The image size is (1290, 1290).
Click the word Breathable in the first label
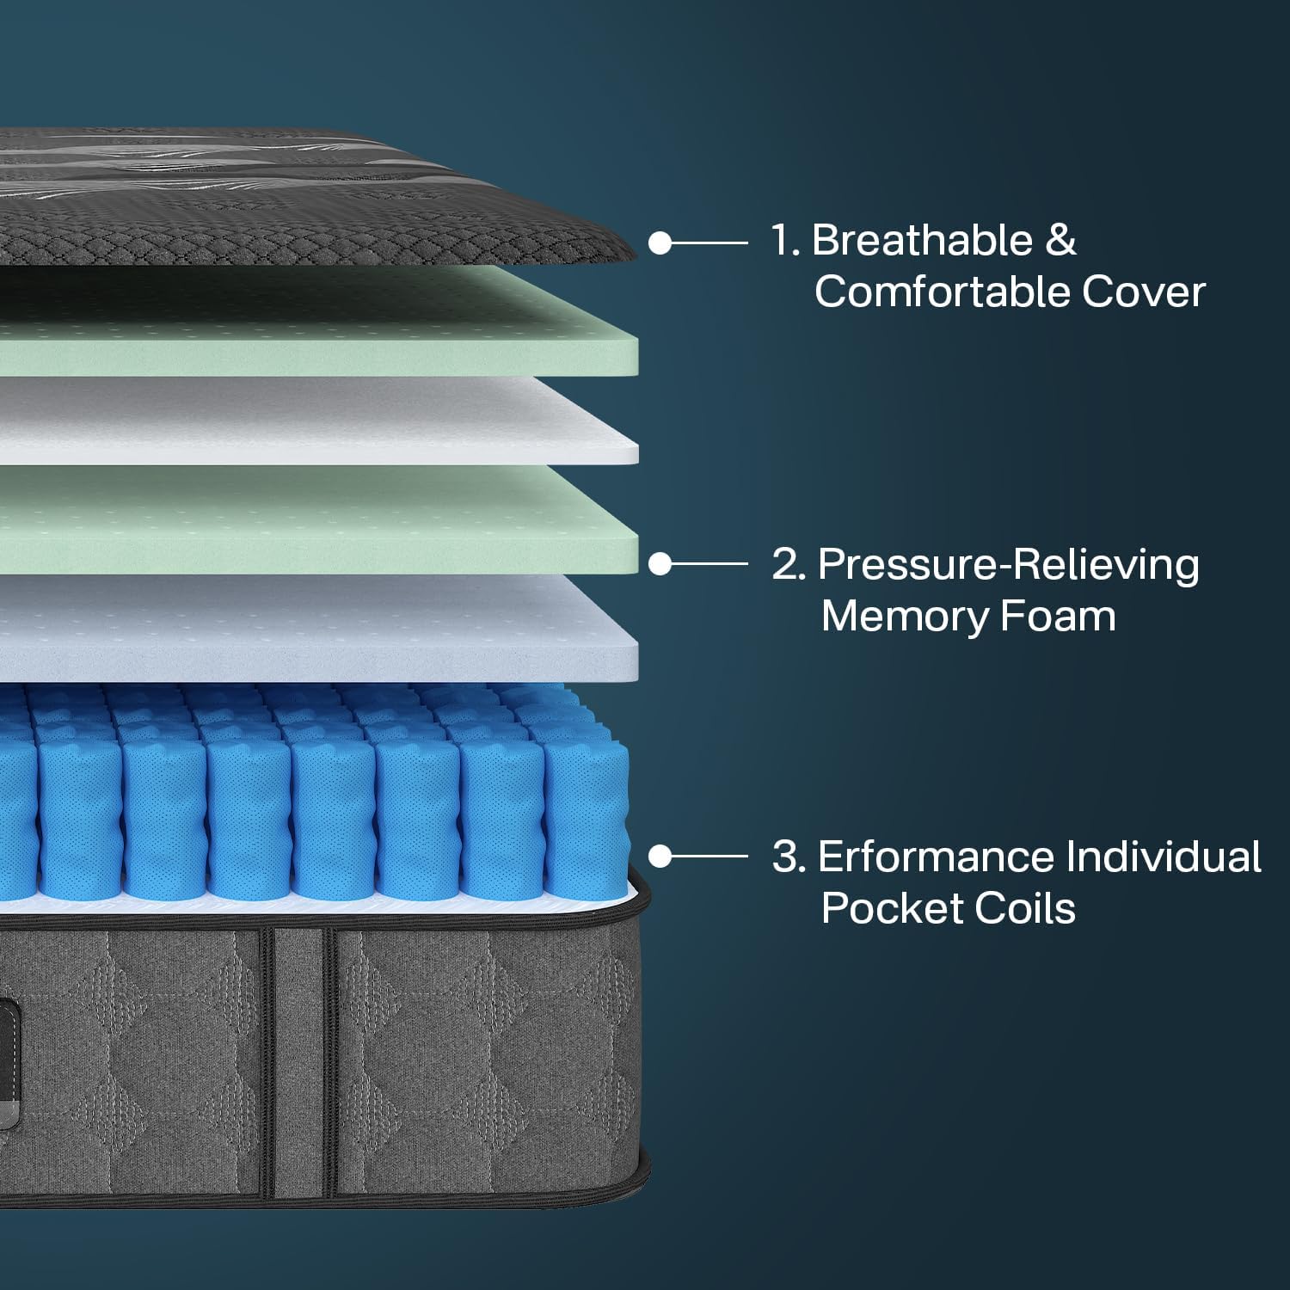(x=921, y=240)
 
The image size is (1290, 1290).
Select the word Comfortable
(x=943, y=292)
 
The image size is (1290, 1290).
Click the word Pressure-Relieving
(x=1009, y=566)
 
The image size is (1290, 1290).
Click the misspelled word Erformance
(x=936, y=857)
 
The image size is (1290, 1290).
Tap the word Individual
(x=1164, y=857)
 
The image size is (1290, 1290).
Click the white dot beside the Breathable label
(x=660, y=243)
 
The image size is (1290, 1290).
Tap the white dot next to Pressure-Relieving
(x=660, y=564)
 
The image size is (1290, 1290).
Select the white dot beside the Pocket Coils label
(x=660, y=857)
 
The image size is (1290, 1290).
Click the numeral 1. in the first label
(x=785, y=240)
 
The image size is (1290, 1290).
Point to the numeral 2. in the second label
(x=789, y=566)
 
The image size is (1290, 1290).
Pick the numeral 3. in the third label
(x=789, y=857)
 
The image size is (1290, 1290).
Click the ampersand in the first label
(x=1060, y=240)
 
